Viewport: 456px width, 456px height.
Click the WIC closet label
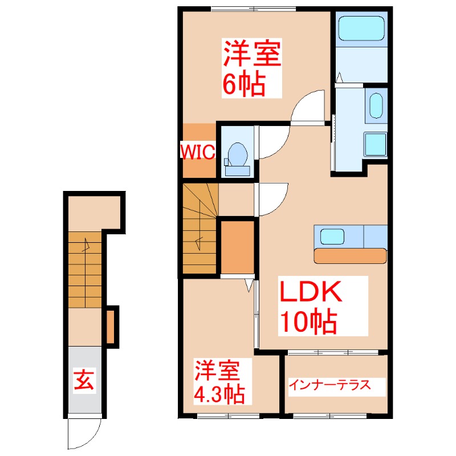click(197, 151)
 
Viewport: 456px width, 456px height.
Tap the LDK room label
click(310, 294)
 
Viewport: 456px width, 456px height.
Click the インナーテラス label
click(329, 385)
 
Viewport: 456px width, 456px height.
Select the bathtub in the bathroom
click(360, 28)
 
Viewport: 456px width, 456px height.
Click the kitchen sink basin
click(332, 236)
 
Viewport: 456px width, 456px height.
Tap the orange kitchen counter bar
click(350, 256)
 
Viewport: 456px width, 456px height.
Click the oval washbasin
click(376, 106)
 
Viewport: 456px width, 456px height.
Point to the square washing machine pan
click(376, 144)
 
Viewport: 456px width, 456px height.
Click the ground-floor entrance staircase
click(85, 268)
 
